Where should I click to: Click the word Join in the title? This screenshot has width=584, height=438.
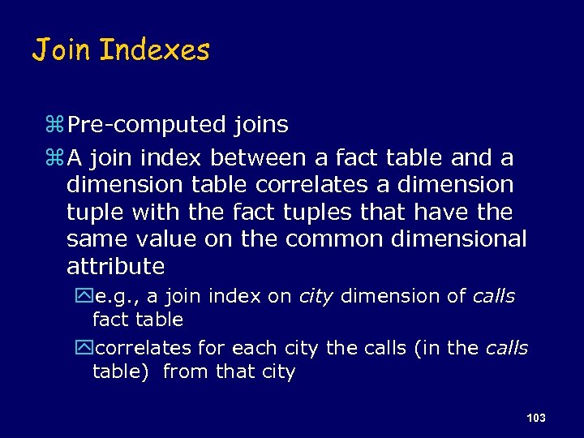(x=62, y=51)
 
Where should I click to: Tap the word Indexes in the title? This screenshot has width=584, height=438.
(x=154, y=51)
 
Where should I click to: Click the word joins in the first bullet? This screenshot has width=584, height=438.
(x=260, y=126)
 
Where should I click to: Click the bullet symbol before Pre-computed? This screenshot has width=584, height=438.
(x=55, y=126)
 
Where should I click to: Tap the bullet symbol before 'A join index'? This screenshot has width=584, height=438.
(x=55, y=157)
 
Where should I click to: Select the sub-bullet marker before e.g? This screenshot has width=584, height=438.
(x=85, y=297)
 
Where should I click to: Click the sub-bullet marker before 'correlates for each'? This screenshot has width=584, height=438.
(x=85, y=349)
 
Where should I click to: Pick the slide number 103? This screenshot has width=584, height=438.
(x=535, y=418)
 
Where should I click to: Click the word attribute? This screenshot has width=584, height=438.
(x=115, y=267)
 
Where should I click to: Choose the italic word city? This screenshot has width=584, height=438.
(x=316, y=297)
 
